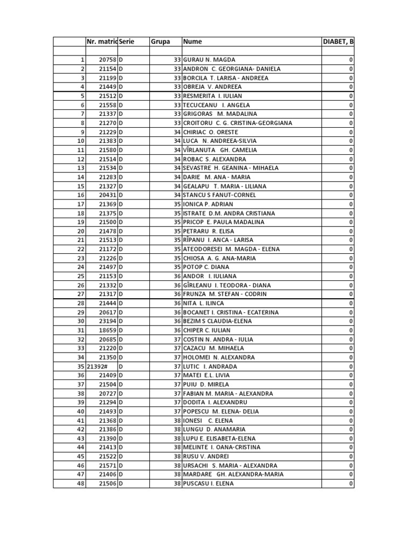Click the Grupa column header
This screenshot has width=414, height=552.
point(160,42)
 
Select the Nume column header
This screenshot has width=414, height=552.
point(192,42)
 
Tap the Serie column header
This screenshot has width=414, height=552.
point(127,42)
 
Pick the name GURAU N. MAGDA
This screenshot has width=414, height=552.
point(209,60)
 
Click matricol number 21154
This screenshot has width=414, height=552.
point(108,69)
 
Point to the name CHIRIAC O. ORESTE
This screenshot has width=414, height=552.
point(211,132)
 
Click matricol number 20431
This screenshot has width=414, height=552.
point(108,195)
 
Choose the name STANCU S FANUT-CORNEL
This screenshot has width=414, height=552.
point(218,195)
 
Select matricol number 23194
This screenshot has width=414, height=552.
point(108,321)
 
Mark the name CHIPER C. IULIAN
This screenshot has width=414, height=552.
point(206,330)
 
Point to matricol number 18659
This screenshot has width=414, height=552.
point(108,330)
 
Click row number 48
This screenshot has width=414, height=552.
point(81,484)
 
